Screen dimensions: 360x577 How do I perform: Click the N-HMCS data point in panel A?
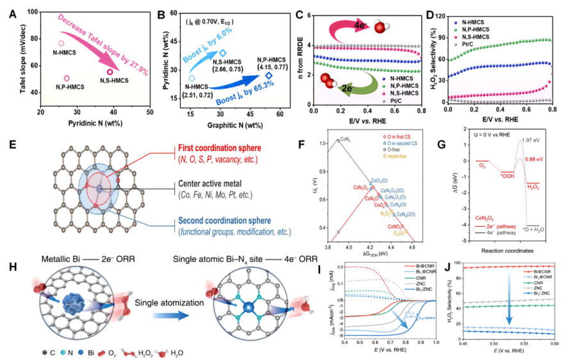click(x=61, y=44)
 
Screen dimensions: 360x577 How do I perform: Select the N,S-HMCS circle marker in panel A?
click(x=110, y=72)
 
